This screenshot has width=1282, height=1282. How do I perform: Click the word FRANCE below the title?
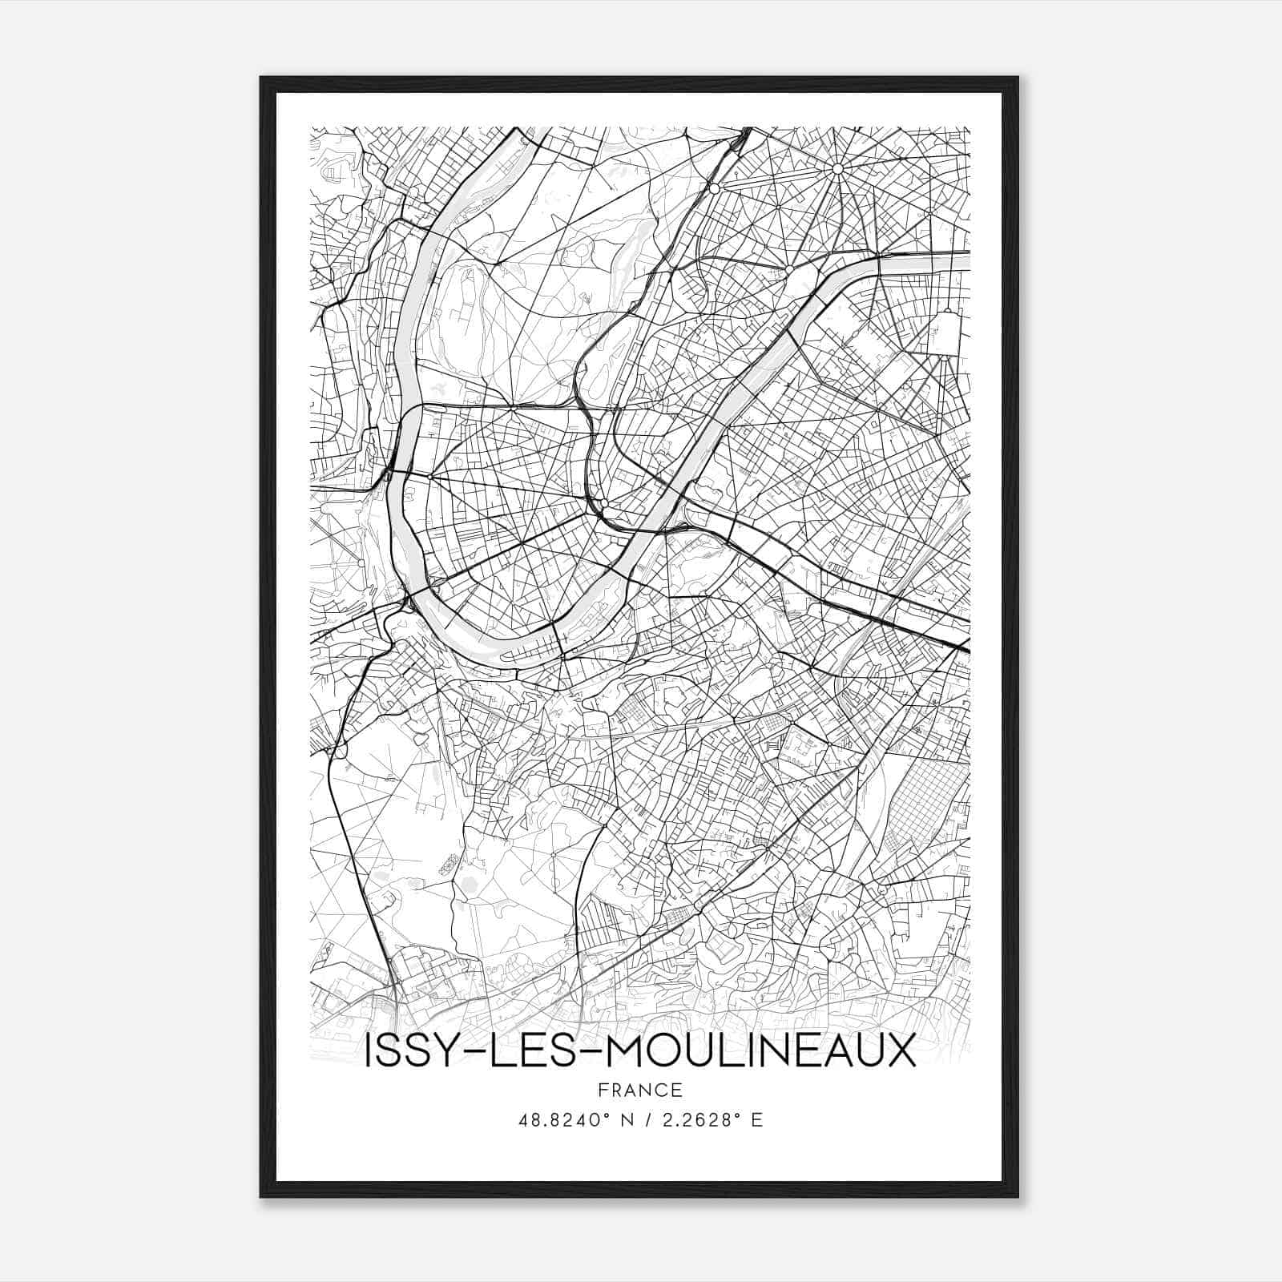coord(639,1091)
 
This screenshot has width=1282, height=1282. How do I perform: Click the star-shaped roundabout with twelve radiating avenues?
coord(837,169)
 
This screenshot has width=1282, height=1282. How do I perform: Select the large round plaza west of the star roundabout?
coord(713,189)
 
